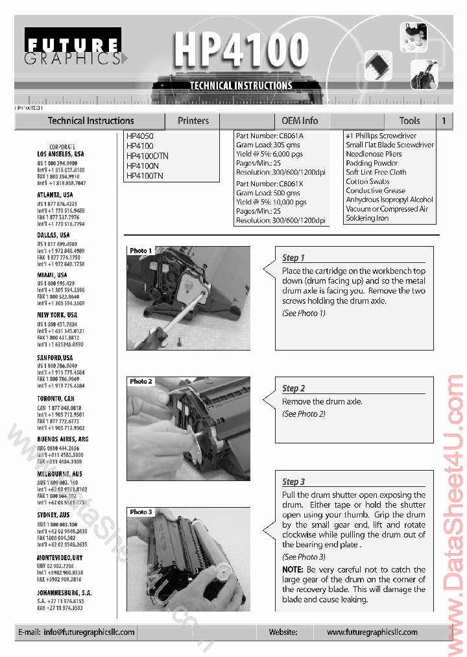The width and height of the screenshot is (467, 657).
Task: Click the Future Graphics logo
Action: (73, 47)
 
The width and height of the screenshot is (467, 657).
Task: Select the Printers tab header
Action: (193, 121)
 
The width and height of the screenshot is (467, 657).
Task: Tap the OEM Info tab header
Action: (300, 121)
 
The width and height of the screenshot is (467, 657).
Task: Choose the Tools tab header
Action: (409, 121)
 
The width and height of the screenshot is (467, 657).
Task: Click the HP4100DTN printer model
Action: (147, 156)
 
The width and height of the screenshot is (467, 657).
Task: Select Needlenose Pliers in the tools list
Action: (374, 154)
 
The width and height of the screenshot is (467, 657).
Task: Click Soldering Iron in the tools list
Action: (367, 218)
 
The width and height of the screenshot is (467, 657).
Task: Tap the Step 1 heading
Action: (293, 258)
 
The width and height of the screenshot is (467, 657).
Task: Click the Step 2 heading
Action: (293, 388)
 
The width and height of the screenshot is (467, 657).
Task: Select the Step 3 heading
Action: (293, 482)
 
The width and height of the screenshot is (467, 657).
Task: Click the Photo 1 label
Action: (141, 251)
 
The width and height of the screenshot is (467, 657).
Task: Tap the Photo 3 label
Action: (141, 512)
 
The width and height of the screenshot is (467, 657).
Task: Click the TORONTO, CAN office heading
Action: (56, 399)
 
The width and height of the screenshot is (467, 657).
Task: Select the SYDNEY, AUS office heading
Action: (53, 515)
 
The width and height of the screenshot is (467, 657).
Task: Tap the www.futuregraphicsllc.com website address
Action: (372, 632)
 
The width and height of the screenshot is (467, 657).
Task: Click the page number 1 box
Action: (444, 121)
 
